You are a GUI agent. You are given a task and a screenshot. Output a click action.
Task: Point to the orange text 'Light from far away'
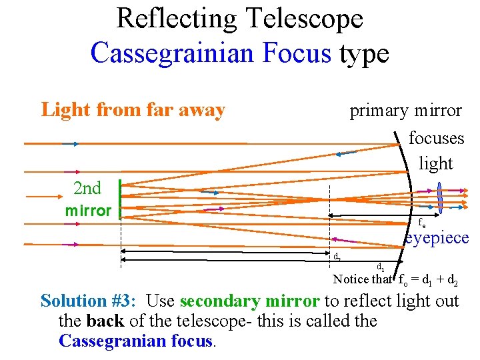pos(133,109)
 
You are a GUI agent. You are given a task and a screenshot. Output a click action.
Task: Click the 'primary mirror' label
pos(405,110)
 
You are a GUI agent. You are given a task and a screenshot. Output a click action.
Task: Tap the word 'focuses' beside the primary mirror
pos(436,138)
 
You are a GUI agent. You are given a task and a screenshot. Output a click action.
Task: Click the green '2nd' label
pos(87,188)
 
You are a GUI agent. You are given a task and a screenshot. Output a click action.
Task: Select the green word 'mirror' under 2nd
pos(88,211)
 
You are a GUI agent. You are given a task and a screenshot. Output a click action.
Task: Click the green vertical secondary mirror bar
pos(119,199)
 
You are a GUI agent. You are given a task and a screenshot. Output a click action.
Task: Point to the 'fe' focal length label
pos(422,223)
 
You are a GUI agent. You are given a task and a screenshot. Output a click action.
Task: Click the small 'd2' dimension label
pos(337,255)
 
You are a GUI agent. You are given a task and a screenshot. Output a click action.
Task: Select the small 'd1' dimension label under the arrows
pos(380,267)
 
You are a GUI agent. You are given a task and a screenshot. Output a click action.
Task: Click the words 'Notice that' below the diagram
pos(362,279)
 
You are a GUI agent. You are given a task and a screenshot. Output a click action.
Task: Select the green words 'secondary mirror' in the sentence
pos(249,301)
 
